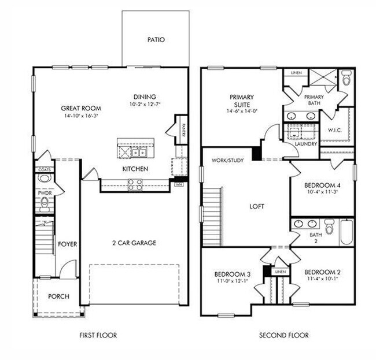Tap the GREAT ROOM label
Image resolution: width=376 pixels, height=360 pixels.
tap(82, 108)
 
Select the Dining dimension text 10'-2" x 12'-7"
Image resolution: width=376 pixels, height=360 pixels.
tap(145, 105)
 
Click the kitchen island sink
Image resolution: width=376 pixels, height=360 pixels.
tap(138, 152)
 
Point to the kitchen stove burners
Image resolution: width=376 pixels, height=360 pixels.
tap(135, 185)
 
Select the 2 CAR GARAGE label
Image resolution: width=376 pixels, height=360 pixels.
tap(134, 243)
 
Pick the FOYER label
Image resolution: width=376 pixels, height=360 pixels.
tap(68, 244)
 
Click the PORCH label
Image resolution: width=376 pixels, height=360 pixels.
tap(58, 296)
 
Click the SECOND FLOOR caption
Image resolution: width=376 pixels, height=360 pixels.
tap(283, 335)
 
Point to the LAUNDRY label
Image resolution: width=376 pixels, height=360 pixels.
tap(306, 144)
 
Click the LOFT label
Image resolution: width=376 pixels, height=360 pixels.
tap(257, 206)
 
